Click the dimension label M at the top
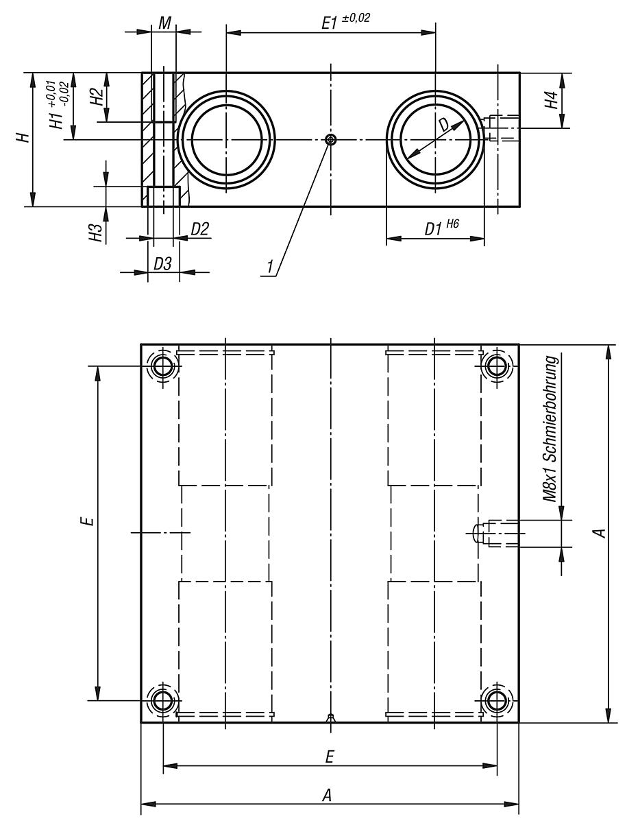click(164, 22)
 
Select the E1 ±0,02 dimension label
click(346, 21)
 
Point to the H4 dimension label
click(551, 101)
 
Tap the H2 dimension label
click(97, 97)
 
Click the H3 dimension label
click(97, 232)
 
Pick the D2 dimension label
click(199, 229)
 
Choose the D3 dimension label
click(162, 263)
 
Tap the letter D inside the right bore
click(445, 125)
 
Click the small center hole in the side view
click(332, 140)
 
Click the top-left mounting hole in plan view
click(163, 366)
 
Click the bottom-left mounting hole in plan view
click(163, 701)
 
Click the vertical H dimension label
click(25, 138)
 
